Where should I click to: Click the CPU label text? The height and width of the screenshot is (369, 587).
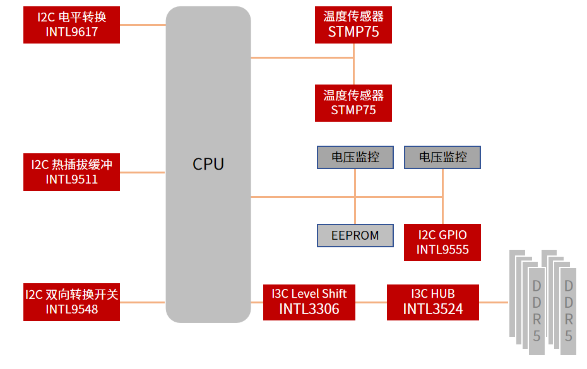coord(208,164)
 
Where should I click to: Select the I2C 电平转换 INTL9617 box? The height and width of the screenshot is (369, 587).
coord(71,25)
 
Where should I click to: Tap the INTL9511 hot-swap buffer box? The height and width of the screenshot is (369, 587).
coord(71,172)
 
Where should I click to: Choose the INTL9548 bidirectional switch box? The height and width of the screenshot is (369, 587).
coord(71,302)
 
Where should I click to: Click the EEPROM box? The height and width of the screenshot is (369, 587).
coord(355,235)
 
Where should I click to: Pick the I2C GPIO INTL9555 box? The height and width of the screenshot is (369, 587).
coord(442,242)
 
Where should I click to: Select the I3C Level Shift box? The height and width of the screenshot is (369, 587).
coord(309,302)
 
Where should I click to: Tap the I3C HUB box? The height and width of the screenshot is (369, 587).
coord(432,302)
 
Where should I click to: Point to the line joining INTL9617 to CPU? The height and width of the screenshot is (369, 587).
coord(143,25)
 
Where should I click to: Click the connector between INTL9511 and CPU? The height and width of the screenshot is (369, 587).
coord(143,172)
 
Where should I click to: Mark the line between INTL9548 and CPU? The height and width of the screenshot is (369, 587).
coord(143,302)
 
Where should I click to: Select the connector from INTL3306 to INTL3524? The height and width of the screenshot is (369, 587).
coord(371,303)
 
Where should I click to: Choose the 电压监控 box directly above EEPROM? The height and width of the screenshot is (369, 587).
coord(355,157)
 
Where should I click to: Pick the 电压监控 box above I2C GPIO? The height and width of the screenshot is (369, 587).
coord(442,157)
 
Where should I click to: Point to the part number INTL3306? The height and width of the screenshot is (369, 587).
coord(309,309)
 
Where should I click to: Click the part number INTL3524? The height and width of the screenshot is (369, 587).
coord(432,309)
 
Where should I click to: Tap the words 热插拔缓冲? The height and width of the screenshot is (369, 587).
coord(82,165)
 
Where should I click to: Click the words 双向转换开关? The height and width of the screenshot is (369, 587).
coord(82,295)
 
